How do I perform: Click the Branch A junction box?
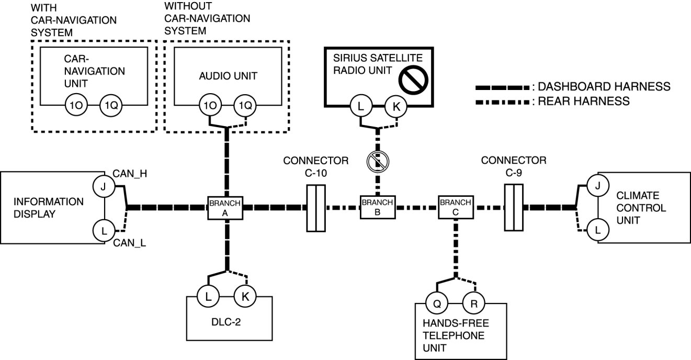pyautogui.click(x=225, y=208)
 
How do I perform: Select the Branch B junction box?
pyautogui.click(x=377, y=208)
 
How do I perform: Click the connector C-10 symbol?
pyautogui.click(x=315, y=208)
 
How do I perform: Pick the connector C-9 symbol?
pyautogui.click(x=514, y=208)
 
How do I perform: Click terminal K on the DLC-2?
pyautogui.click(x=244, y=297)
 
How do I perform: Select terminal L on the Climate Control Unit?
pyautogui.click(x=598, y=229)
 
